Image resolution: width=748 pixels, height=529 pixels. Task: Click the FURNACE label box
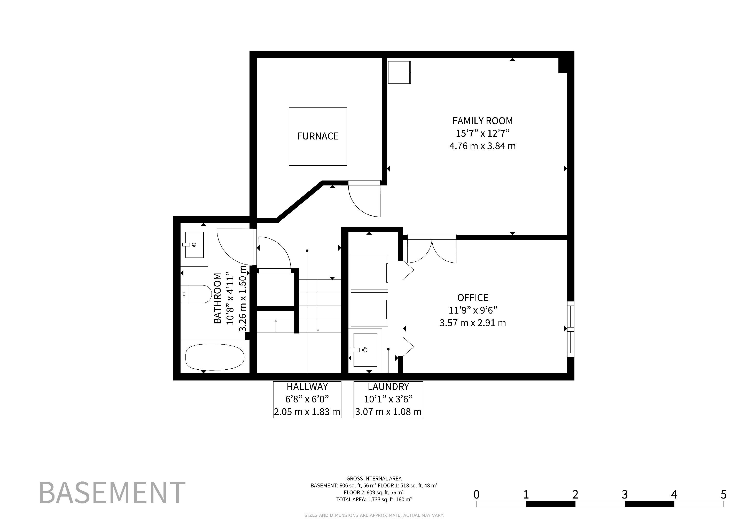[x=318, y=136]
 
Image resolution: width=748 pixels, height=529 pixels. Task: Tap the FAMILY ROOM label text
[x=482, y=121]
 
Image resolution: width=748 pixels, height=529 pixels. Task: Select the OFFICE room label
[x=473, y=298]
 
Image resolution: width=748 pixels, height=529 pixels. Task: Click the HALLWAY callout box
[x=307, y=399]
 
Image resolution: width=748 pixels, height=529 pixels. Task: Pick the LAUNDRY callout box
[x=388, y=399]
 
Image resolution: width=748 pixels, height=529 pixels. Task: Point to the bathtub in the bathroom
[x=215, y=357]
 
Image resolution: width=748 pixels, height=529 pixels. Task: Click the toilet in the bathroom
[x=196, y=294]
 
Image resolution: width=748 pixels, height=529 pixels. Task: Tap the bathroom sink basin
[x=194, y=245]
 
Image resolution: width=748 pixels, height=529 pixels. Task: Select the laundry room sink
[x=365, y=350]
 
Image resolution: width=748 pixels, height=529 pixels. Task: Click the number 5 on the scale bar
[x=723, y=494]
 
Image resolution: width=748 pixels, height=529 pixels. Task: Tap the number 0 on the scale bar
[x=476, y=494]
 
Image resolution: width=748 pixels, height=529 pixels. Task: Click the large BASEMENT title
[x=112, y=493]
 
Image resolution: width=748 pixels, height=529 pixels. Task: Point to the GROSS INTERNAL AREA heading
[x=374, y=479]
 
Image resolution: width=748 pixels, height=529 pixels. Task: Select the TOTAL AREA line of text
[x=374, y=499]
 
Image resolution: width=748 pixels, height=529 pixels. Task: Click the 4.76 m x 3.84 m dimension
[x=482, y=146]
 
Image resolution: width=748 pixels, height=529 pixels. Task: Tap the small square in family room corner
[x=399, y=72]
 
